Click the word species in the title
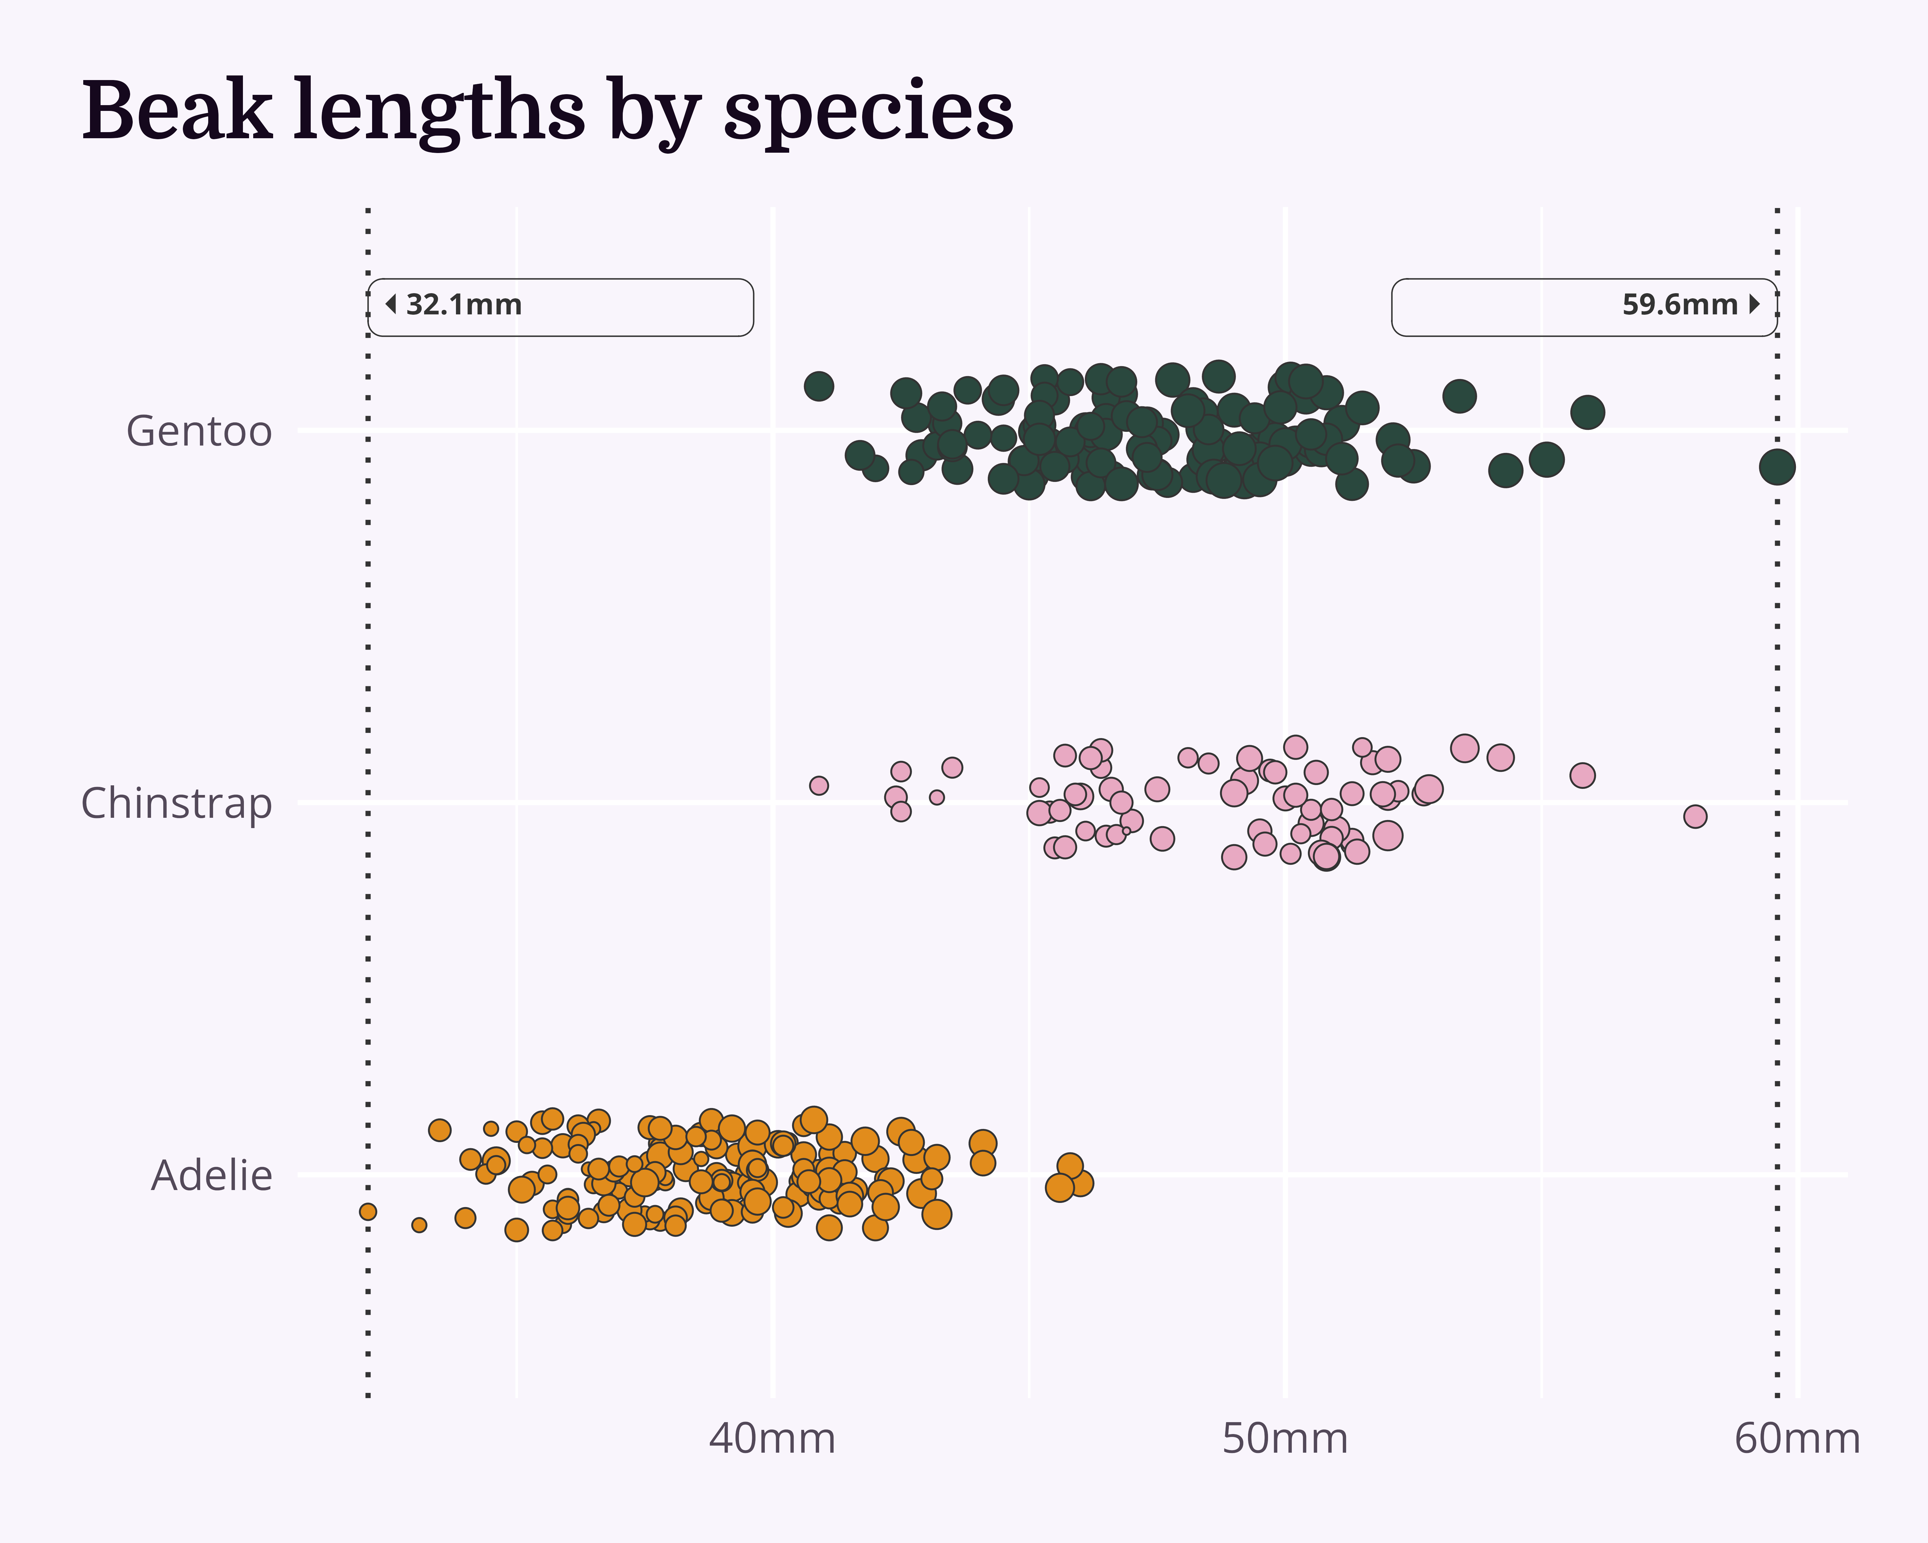[x=867, y=112]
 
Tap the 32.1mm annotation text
[x=463, y=305]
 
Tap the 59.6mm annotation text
[x=1679, y=305]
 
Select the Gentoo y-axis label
[x=199, y=431]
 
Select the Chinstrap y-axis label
[x=176, y=803]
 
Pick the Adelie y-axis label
[x=211, y=1175]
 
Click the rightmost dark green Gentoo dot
[x=1777, y=467]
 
